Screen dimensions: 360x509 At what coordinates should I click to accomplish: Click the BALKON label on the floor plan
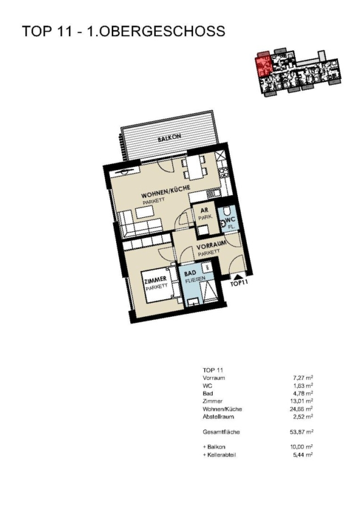pyautogui.click(x=169, y=139)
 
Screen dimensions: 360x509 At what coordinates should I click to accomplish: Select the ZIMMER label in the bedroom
pyautogui.click(x=155, y=279)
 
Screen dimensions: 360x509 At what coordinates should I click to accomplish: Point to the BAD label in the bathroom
pyautogui.click(x=190, y=273)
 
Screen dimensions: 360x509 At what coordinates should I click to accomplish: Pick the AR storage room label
pyautogui.click(x=204, y=210)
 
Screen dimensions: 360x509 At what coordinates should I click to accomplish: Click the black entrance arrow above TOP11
pyautogui.click(x=238, y=276)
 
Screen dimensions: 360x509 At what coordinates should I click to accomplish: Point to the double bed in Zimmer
pyautogui.click(x=161, y=284)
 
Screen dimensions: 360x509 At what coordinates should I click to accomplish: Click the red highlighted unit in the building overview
pyautogui.click(x=264, y=65)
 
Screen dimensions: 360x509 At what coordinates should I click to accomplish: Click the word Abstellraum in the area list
pyautogui.click(x=218, y=416)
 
